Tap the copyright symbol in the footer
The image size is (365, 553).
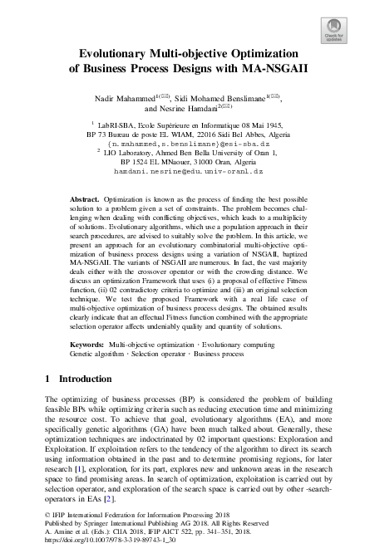point(46,515)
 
